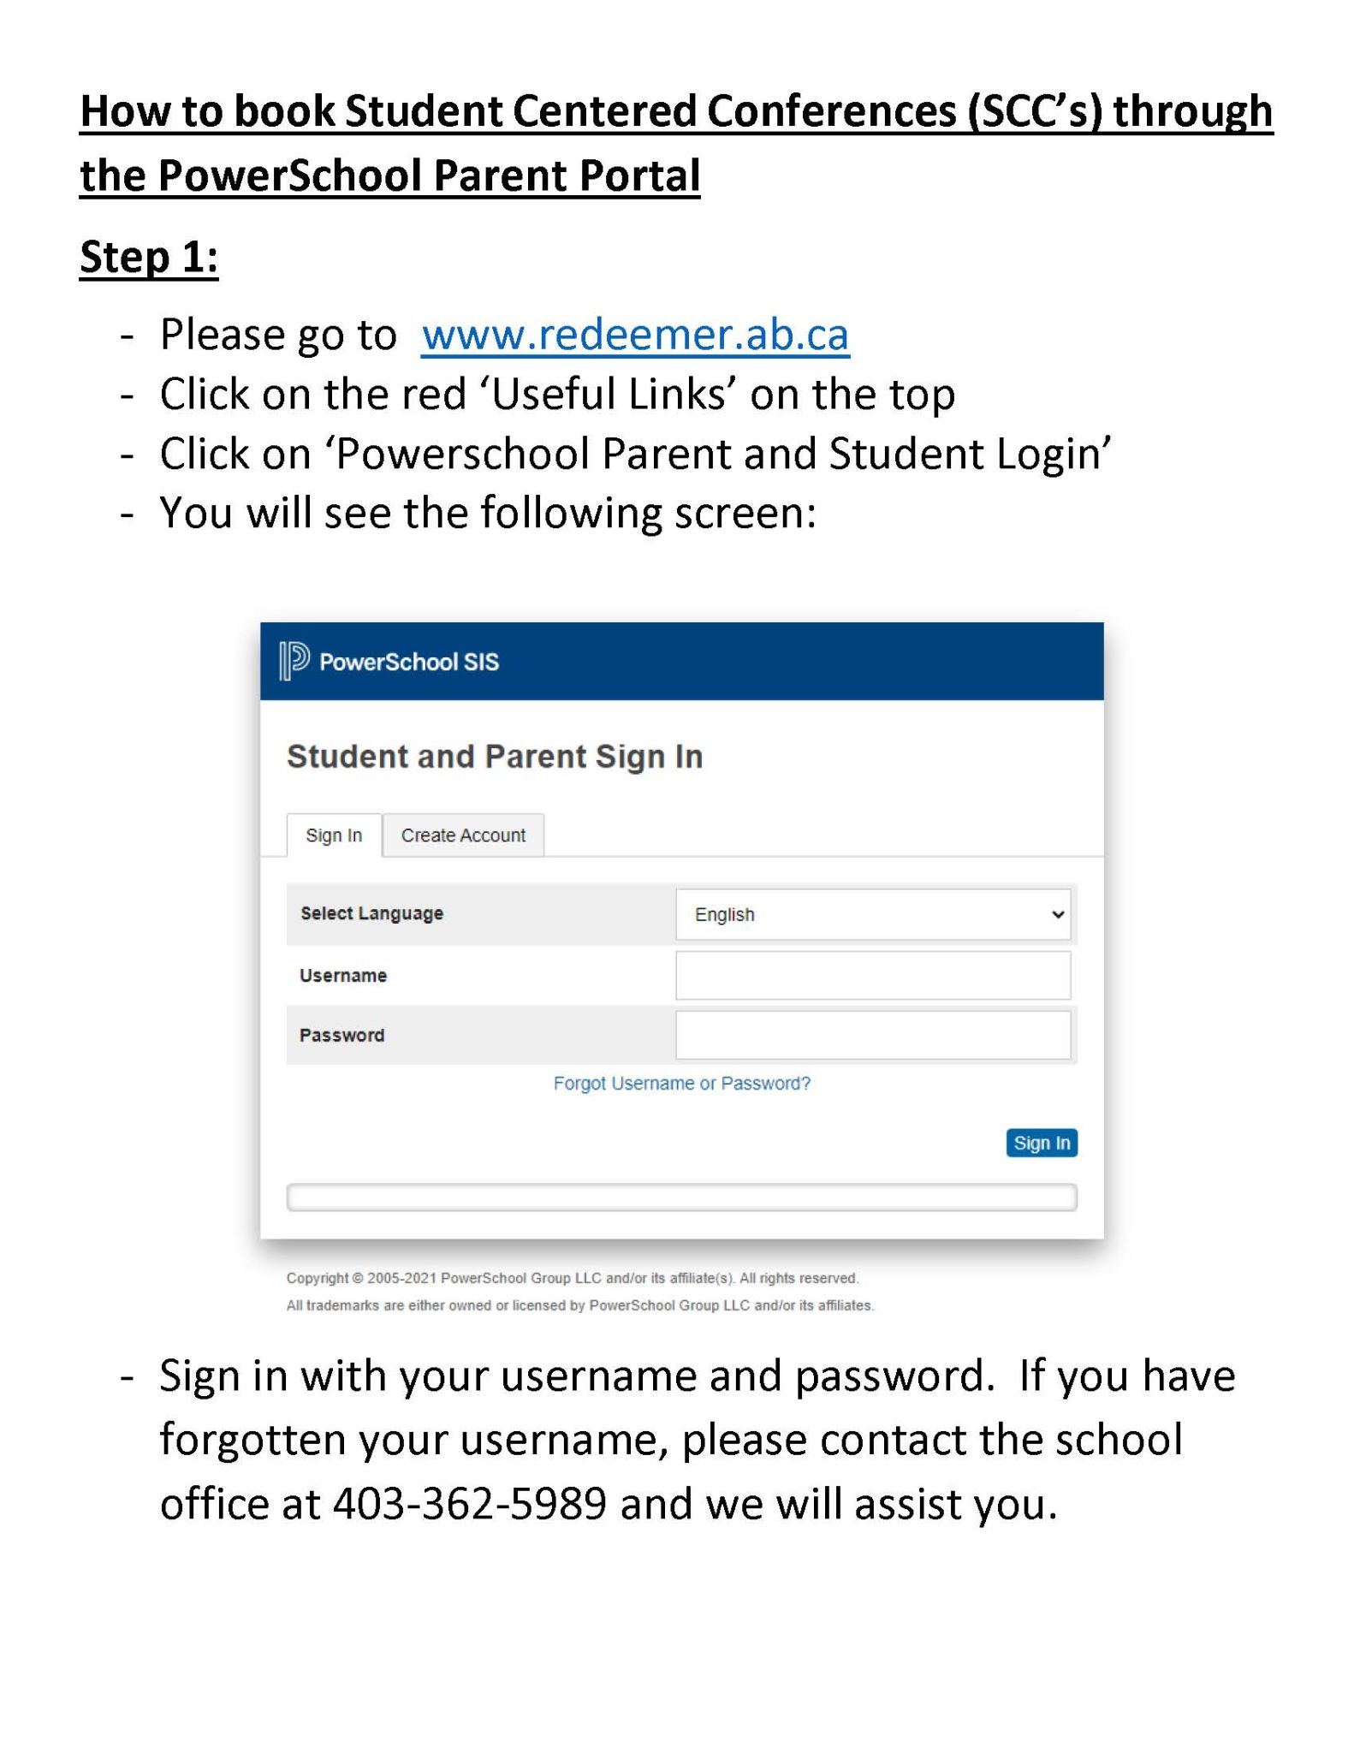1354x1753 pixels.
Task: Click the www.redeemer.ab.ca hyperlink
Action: click(x=635, y=335)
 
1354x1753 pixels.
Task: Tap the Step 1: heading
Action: click(x=149, y=257)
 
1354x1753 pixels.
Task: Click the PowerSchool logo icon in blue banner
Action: click(x=294, y=661)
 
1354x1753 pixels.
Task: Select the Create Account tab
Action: click(x=463, y=835)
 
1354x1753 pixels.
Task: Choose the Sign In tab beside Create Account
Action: click(x=334, y=835)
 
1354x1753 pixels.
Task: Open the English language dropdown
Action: click(x=872, y=914)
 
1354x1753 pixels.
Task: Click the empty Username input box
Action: click(x=872, y=975)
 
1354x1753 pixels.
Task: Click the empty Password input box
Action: click(x=872, y=1035)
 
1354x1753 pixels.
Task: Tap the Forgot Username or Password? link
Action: click(x=681, y=1084)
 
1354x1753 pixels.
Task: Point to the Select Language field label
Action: click(x=371, y=913)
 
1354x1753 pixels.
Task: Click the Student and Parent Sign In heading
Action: click(x=495, y=757)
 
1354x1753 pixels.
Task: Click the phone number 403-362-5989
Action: click(x=469, y=1503)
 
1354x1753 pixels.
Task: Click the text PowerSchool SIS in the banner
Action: click(x=409, y=662)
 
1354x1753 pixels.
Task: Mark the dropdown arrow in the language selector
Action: click(x=1058, y=914)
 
